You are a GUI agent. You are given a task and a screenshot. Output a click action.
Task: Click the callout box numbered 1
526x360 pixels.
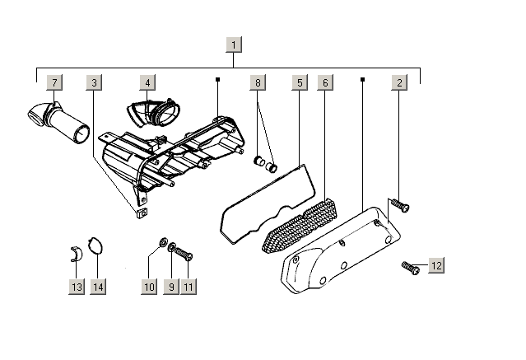(234, 44)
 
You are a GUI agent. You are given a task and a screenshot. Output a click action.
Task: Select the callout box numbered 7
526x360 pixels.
(55, 82)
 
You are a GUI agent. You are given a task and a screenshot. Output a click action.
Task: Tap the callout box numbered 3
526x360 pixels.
(95, 82)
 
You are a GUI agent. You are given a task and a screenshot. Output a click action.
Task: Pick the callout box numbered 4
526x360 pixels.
(147, 82)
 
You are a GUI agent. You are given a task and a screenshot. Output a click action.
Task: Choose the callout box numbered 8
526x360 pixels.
(258, 82)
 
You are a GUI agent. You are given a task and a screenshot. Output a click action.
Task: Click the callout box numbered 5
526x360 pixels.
(298, 82)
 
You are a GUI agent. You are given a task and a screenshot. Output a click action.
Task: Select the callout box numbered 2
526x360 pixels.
(399, 82)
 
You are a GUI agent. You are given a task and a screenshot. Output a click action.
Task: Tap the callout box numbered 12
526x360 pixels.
(436, 265)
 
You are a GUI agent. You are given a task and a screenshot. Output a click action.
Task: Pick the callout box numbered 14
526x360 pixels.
(99, 287)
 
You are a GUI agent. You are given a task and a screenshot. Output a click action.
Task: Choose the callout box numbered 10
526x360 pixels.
(149, 287)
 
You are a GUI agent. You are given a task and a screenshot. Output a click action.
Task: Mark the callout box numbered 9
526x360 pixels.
(171, 287)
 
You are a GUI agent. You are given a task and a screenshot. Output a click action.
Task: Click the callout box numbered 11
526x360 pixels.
(190, 287)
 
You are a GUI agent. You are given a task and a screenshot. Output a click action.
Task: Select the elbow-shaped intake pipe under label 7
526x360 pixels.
(58, 119)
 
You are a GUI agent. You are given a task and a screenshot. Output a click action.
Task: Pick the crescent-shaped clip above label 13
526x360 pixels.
(75, 252)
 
